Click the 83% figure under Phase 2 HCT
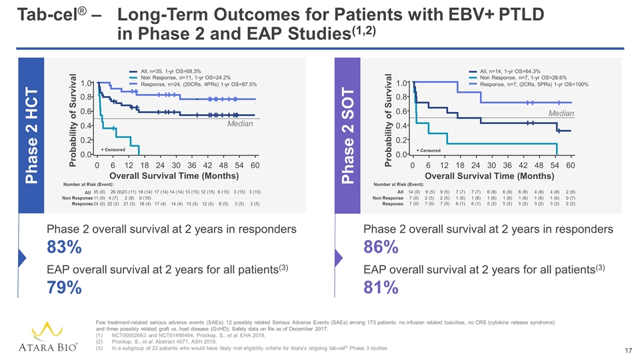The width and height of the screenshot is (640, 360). click(64, 247)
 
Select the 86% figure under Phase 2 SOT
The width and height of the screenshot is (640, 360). click(381, 247)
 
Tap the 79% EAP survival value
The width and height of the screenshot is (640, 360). click(64, 287)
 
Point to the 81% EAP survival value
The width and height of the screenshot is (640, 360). click(381, 287)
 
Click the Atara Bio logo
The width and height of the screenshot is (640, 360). click(48, 337)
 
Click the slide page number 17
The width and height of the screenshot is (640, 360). click(628, 351)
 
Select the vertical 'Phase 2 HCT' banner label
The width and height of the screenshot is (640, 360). click(31, 135)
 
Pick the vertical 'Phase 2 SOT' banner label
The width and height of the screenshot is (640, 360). click(348, 135)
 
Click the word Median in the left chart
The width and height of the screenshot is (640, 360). click(240, 124)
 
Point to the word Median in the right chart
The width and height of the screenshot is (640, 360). click(561, 113)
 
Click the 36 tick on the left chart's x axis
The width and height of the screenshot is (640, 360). click(192, 165)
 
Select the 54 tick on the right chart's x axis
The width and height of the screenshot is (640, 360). click(554, 165)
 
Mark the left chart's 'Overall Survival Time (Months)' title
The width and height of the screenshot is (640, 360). click(174, 176)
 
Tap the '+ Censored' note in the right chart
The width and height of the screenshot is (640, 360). click(429, 151)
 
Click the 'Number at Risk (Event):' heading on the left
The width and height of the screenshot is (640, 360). click(88, 185)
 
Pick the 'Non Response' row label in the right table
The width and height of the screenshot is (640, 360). click(388, 198)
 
